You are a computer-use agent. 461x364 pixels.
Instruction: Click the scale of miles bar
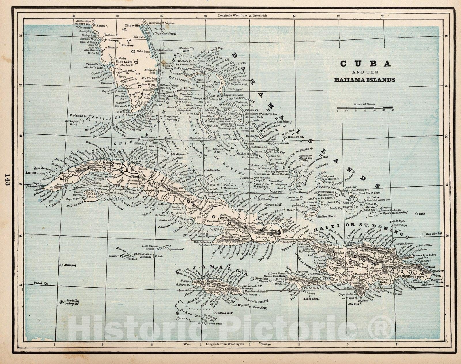click(x=365, y=108)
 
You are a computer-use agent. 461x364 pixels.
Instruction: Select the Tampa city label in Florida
click(x=111, y=41)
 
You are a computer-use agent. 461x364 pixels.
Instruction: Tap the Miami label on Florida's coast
click(x=146, y=94)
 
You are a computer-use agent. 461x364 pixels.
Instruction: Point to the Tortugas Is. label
click(x=78, y=115)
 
